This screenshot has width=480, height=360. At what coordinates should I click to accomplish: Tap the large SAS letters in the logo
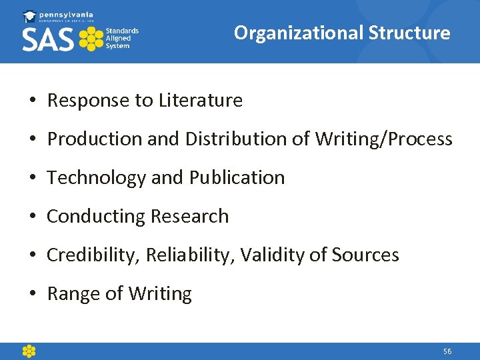coord(48,39)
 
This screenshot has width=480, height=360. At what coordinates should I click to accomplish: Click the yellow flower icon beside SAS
coord(91,39)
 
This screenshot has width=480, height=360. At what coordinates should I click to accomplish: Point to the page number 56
coord(447,351)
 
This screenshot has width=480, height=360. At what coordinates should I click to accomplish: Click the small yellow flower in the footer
coord(29,351)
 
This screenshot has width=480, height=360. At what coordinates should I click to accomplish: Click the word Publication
coord(237,178)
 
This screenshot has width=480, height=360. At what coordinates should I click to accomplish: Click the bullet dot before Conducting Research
coord(32,217)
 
